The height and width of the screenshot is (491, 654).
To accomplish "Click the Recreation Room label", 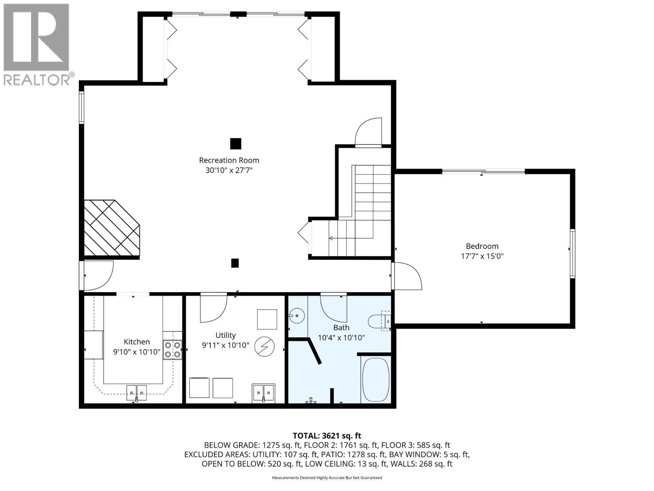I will (229, 160).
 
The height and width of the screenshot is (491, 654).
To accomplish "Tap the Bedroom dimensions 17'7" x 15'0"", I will (482, 257).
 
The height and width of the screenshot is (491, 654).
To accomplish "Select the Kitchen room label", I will (137, 342).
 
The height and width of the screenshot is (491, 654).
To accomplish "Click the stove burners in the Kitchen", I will (173, 350).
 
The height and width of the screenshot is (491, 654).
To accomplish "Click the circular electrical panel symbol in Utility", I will (263, 347).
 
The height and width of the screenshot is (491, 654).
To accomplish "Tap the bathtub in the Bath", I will (376, 380).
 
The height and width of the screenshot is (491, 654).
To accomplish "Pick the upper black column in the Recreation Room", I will (235, 144).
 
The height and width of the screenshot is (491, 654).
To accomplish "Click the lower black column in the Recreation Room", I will (235, 263).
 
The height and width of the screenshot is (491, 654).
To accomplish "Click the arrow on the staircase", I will (330, 238).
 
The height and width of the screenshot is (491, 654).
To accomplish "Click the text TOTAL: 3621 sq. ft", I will (327, 436).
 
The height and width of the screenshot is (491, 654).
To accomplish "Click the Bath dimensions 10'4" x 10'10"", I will (341, 338).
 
